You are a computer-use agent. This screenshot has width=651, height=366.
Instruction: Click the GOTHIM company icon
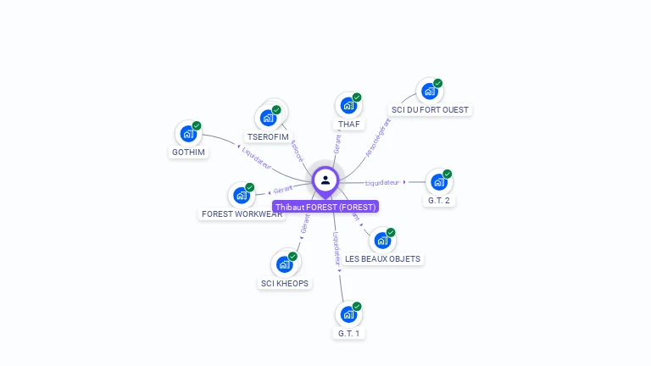(187, 134)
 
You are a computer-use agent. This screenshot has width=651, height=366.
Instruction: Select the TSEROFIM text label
(267, 136)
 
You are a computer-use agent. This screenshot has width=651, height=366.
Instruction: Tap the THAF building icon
(348, 106)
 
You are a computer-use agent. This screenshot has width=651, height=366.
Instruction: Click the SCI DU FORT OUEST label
(430, 109)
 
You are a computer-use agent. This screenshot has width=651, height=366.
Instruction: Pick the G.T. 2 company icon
(437, 181)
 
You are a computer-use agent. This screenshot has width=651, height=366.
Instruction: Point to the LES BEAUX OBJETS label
(382, 258)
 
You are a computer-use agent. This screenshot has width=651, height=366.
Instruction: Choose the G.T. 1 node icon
(348, 314)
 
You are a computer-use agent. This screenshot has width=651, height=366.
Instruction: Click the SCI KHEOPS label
(284, 283)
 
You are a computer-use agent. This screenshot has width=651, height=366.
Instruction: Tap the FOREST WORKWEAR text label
(242, 214)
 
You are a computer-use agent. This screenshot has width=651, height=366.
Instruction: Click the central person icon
(325, 180)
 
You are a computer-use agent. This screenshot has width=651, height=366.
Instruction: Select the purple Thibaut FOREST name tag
(325, 207)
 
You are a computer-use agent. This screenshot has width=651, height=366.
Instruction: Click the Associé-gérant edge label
(378, 138)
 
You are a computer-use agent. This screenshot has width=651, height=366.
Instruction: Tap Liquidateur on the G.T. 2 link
(382, 182)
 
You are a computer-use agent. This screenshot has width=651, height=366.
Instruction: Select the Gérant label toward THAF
(337, 143)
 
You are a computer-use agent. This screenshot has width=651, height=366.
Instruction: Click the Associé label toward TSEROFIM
(296, 151)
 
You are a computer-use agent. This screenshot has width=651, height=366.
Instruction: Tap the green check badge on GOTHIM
(197, 125)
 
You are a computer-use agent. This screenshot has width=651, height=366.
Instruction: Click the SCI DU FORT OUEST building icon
(429, 91)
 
